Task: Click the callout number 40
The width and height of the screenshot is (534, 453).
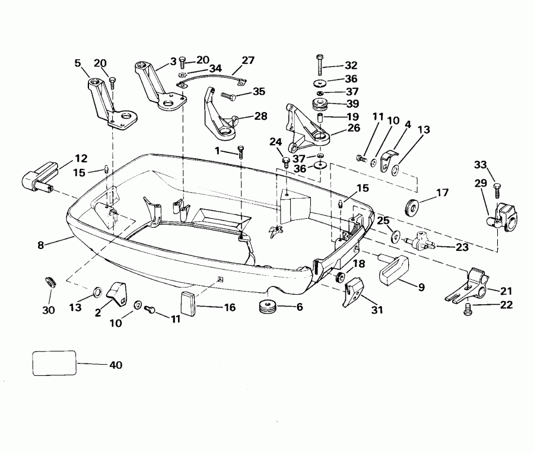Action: (x=116, y=365)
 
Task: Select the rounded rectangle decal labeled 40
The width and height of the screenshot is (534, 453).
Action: (x=54, y=362)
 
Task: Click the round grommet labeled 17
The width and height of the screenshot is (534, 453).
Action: (x=409, y=208)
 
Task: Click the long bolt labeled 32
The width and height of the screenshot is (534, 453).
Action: (x=320, y=63)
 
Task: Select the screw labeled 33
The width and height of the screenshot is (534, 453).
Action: (x=496, y=187)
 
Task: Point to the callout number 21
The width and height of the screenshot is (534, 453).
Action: (x=506, y=291)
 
